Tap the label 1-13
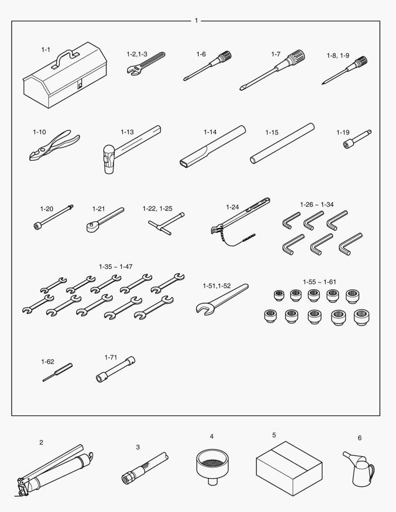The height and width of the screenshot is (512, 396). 127,132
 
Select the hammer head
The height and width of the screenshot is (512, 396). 109,159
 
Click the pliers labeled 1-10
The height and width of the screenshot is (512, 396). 55,145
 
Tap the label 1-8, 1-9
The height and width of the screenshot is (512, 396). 338,55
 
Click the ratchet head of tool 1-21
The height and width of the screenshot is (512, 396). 92,227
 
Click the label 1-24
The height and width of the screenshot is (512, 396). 232,207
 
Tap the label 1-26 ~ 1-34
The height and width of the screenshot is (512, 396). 317,204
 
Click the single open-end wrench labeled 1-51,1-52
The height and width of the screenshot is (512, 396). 222,299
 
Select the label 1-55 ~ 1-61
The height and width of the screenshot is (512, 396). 319,282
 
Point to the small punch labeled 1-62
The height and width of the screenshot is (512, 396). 57,372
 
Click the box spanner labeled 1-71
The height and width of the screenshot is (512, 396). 115,369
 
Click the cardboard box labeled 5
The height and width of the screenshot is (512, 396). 289,468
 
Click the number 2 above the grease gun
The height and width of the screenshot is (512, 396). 41,442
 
